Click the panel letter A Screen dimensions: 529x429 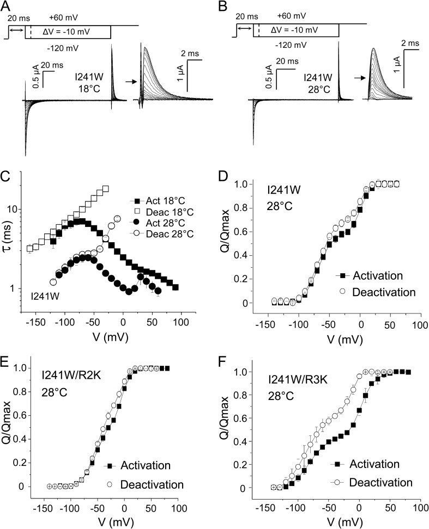[x=8, y=7]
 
